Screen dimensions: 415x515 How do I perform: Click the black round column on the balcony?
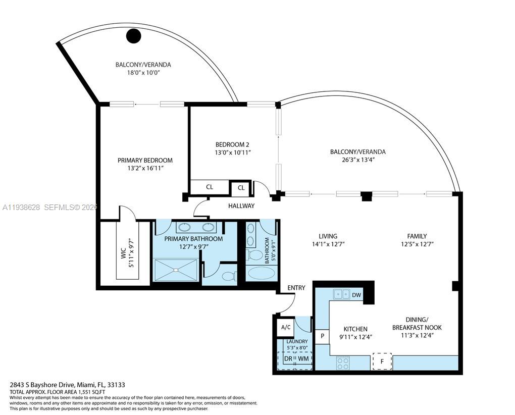(133, 35)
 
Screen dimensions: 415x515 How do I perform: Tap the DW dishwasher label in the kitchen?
(356, 295)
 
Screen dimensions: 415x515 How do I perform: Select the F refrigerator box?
(382, 361)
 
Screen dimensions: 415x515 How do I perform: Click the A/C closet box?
(285, 327)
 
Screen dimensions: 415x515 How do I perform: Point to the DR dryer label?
(288, 358)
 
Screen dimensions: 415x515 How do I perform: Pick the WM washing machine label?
(303, 358)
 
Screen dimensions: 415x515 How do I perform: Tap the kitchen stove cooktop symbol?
(343, 362)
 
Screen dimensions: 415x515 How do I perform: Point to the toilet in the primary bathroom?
(228, 276)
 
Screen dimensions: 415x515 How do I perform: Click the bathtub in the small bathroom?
(261, 273)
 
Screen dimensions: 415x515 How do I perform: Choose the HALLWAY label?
(241, 206)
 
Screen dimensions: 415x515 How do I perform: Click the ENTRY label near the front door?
(296, 288)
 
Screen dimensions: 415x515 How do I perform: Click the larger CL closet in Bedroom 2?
(210, 187)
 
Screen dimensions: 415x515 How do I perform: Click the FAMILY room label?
(417, 236)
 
